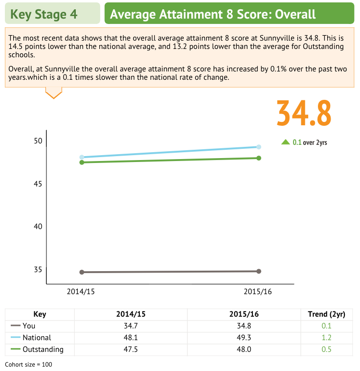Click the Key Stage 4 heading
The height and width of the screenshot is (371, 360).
click(x=44, y=14)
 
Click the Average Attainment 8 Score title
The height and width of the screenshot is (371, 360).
click(x=213, y=14)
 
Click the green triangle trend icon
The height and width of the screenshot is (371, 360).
click(x=286, y=142)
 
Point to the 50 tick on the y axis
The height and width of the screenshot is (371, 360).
click(x=38, y=141)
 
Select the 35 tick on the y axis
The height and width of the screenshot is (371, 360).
click(x=38, y=270)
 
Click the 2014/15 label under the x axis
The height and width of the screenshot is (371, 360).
click(x=81, y=292)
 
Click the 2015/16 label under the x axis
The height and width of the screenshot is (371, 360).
click(x=258, y=292)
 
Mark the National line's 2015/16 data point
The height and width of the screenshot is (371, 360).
click(x=259, y=147)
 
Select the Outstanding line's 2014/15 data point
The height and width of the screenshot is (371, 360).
click(x=82, y=162)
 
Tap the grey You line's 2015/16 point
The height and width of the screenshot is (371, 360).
click(x=259, y=271)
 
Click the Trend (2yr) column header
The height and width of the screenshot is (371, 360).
click(x=326, y=314)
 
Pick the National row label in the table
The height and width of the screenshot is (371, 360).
click(x=37, y=338)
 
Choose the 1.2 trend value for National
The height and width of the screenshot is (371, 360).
click(x=326, y=338)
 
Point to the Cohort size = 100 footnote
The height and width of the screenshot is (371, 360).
click(x=28, y=365)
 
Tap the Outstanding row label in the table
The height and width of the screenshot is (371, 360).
click(x=43, y=349)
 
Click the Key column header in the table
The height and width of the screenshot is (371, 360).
click(x=40, y=314)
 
